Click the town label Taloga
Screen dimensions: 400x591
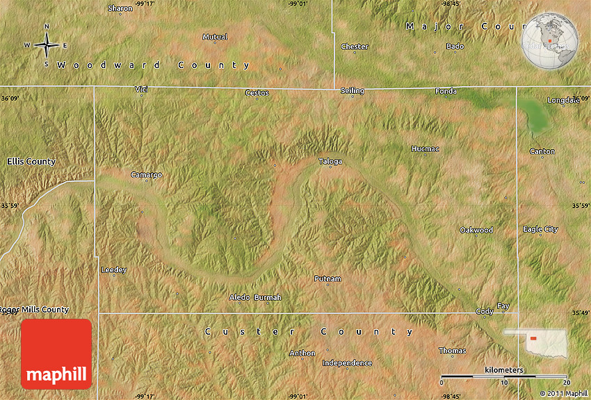(330, 161)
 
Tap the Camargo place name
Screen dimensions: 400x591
(146, 175)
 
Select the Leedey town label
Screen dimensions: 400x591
(114, 269)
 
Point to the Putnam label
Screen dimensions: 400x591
(327, 278)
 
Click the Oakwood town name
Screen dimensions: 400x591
(476, 230)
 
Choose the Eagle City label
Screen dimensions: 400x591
(540, 229)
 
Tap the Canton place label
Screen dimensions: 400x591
(542, 151)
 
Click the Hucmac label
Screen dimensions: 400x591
(425, 149)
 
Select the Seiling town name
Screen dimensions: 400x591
(352, 91)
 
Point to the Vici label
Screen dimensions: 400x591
(142, 89)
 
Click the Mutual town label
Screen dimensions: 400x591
(215, 37)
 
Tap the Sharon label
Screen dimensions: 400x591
(120, 8)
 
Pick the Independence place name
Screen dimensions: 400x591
(347, 362)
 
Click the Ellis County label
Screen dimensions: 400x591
(31, 161)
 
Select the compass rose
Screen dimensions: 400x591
(47, 45)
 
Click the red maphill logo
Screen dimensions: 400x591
(56, 353)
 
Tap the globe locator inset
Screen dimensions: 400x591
(550, 42)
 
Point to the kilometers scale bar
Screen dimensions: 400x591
(505, 376)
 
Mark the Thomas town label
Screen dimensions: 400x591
(452, 351)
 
